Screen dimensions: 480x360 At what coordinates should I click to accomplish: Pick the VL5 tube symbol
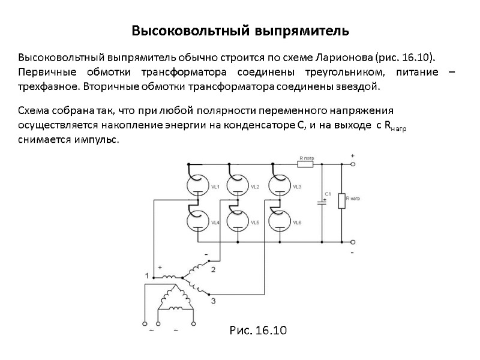click(238, 221)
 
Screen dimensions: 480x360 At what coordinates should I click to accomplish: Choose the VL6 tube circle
click(278, 221)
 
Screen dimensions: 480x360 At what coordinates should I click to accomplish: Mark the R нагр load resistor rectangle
click(341, 200)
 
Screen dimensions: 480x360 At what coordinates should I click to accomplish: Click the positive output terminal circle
click(352, 163)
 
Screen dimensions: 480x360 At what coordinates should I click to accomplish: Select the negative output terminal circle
click(352, 242)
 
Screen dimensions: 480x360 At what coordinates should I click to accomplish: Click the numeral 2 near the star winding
click(214, 270)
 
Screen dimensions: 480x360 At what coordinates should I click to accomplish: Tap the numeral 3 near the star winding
click(214, 300)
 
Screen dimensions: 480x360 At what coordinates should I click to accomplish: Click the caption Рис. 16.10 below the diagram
click(257, 331)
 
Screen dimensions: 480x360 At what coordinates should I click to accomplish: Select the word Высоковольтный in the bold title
click(178, 30)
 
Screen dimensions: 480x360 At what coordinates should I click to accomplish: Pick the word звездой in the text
click(361, 86)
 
